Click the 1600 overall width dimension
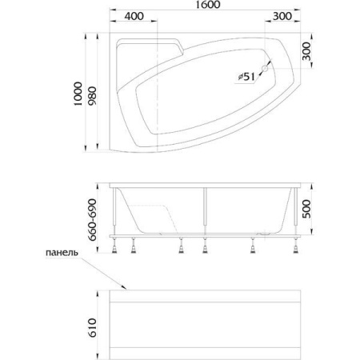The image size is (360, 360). [x=208, y=5]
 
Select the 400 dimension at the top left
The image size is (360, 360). [x=134, y=16]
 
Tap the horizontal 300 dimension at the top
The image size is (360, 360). [x=282, y=16]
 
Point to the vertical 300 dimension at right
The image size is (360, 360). [x=306, y=51]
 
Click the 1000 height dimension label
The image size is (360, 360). [x=78, y=94]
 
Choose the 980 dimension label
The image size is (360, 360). [x=93, y=96]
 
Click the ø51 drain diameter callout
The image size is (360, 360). [x=246, y=77]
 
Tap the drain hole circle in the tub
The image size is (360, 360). [x=265, y=69]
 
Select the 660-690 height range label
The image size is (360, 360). [x=92, y=220]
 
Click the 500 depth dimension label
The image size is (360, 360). [x=306, y=209]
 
